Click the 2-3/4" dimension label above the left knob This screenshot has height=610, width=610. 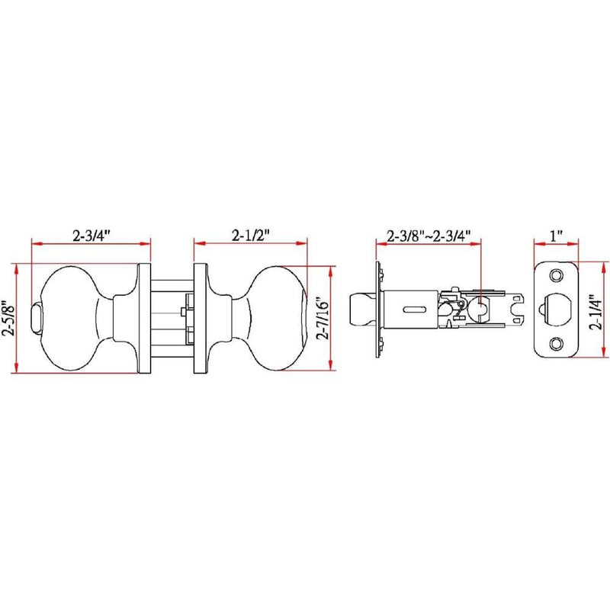click(91, 236)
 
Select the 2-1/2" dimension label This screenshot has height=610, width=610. click(251, 236)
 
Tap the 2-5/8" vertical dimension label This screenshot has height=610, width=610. click(8, 317)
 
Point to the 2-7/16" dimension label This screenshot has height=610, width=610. click(323, 319)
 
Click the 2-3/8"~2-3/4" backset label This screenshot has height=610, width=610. click(429, 236)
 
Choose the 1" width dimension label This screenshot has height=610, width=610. click(557, 236)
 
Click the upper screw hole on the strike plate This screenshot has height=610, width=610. click(557, 275)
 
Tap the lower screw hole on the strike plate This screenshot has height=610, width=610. click(557, 343)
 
